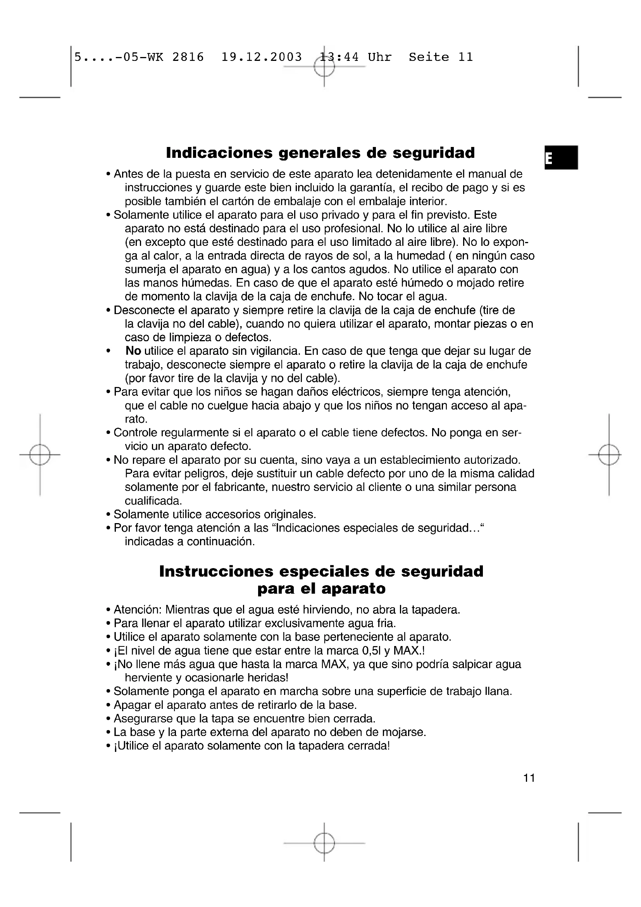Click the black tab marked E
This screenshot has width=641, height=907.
[x=561, y=157]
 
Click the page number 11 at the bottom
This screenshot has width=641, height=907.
[x=529, y=778]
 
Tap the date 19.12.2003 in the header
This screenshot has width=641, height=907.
[x=261, y=57]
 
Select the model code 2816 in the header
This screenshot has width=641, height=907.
[x=188, y=57]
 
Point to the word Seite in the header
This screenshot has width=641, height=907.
[x=429, y=57]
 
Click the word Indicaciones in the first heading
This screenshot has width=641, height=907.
[x=219, y=153]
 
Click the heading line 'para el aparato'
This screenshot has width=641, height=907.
[x=321, y=589]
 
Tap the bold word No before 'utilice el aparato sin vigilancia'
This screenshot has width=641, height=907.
[x=133, y=351]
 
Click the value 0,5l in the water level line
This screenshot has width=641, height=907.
[x=370, y=651]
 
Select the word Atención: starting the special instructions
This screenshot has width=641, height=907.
[x=138, y=610]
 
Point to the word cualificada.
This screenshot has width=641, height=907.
[x=153, y=501]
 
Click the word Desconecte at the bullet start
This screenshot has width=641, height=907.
[x=144, y=310]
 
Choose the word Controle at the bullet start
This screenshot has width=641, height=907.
[x=136, y=433]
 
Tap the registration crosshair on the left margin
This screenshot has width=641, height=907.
[x=40, y=455]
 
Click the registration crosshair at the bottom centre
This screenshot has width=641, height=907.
[x=324, y=843]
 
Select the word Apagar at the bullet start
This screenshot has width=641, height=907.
[x=132, y=705]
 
